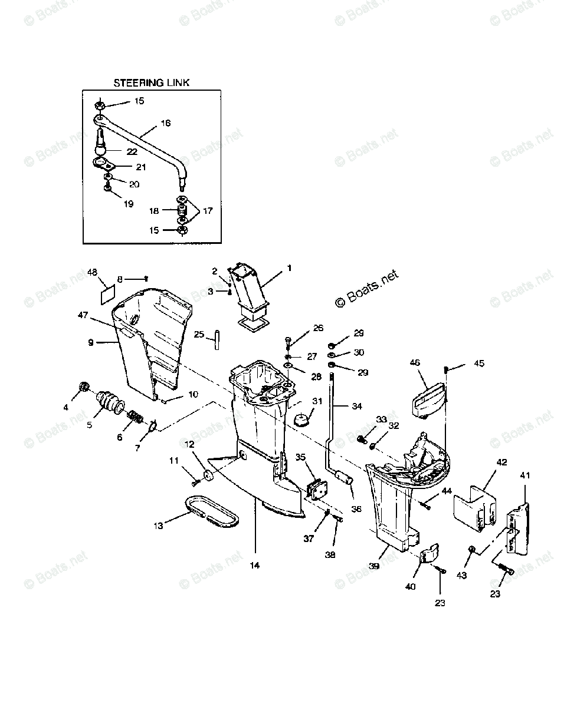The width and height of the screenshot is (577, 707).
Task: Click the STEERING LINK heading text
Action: (x=152, y=83)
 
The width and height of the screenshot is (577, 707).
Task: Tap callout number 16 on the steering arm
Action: (x=165, y=124)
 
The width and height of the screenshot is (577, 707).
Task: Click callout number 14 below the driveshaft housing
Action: (x=254, y=565)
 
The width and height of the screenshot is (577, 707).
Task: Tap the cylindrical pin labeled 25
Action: (x=217, y=340)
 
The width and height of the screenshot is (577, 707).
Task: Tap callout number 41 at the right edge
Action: (x=524, y=475)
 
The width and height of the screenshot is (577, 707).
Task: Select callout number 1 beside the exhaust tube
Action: (x=289, y=268)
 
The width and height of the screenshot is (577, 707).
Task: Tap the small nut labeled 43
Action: (x=472, y=550)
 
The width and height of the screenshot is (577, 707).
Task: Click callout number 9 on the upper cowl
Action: (x=91, y=342)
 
